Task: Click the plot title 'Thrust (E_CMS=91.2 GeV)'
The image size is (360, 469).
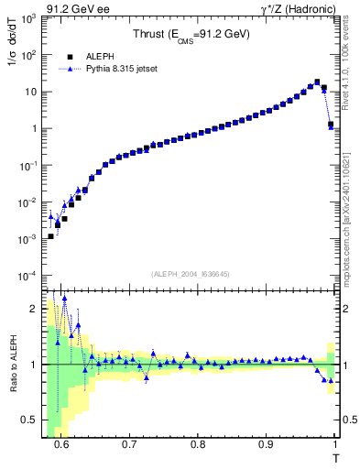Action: click(193, 36)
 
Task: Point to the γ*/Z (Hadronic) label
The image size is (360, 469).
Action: click(297, 9)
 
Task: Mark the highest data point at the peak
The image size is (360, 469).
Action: click(317, 82)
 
